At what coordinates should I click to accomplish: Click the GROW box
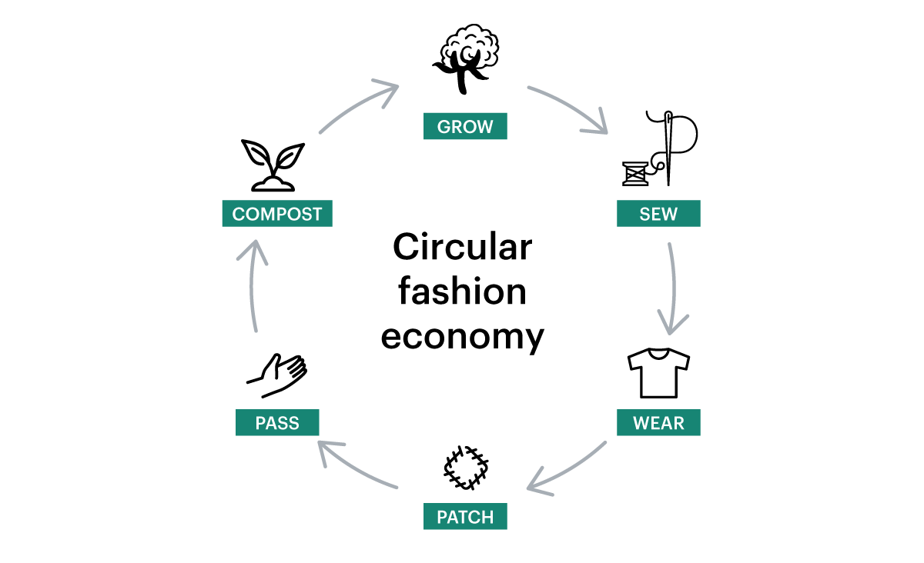coord(465,126)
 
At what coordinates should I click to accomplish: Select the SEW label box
coord(658,214)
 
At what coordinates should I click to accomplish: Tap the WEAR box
coord(658,423)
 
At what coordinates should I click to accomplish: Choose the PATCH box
coord(465,517)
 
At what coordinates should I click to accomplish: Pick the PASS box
coord(277,423)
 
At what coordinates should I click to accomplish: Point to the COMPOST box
coord(277,214)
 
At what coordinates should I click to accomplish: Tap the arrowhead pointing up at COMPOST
coord(253,248)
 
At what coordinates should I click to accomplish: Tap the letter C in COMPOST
coord(238,214)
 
